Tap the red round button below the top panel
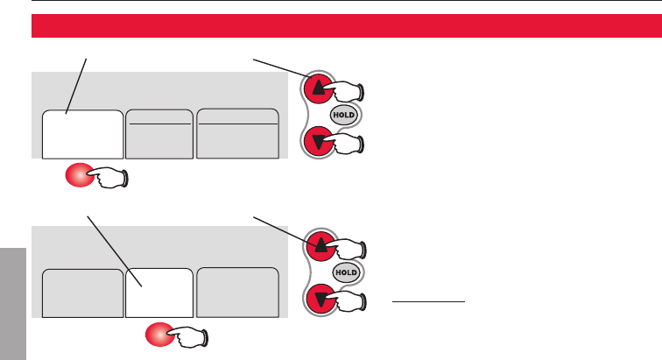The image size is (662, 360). click(x=78, y=177)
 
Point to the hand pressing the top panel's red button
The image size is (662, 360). click(x=111, y=179)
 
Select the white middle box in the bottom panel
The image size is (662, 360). click(x=159, y=293)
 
